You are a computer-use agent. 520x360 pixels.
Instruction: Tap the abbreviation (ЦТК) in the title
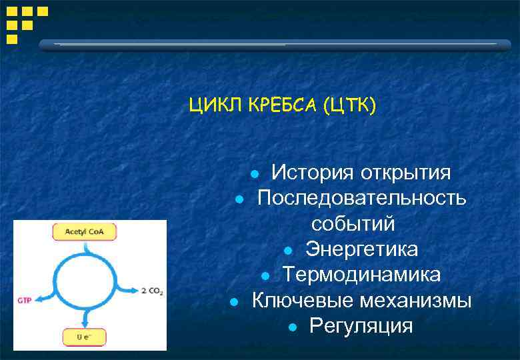coord(349,105)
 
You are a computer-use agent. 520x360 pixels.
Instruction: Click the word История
coord(312,173)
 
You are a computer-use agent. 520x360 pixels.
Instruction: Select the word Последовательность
coord(362,199)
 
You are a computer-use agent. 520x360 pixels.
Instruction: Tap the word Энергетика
coord(362,249)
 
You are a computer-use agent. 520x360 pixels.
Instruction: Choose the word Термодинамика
coord(361,275)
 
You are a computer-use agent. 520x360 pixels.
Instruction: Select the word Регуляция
coord(361,326)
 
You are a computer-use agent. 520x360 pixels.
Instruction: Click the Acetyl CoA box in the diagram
coord(84,232)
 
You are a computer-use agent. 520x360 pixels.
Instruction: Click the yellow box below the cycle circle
coord(84,337)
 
